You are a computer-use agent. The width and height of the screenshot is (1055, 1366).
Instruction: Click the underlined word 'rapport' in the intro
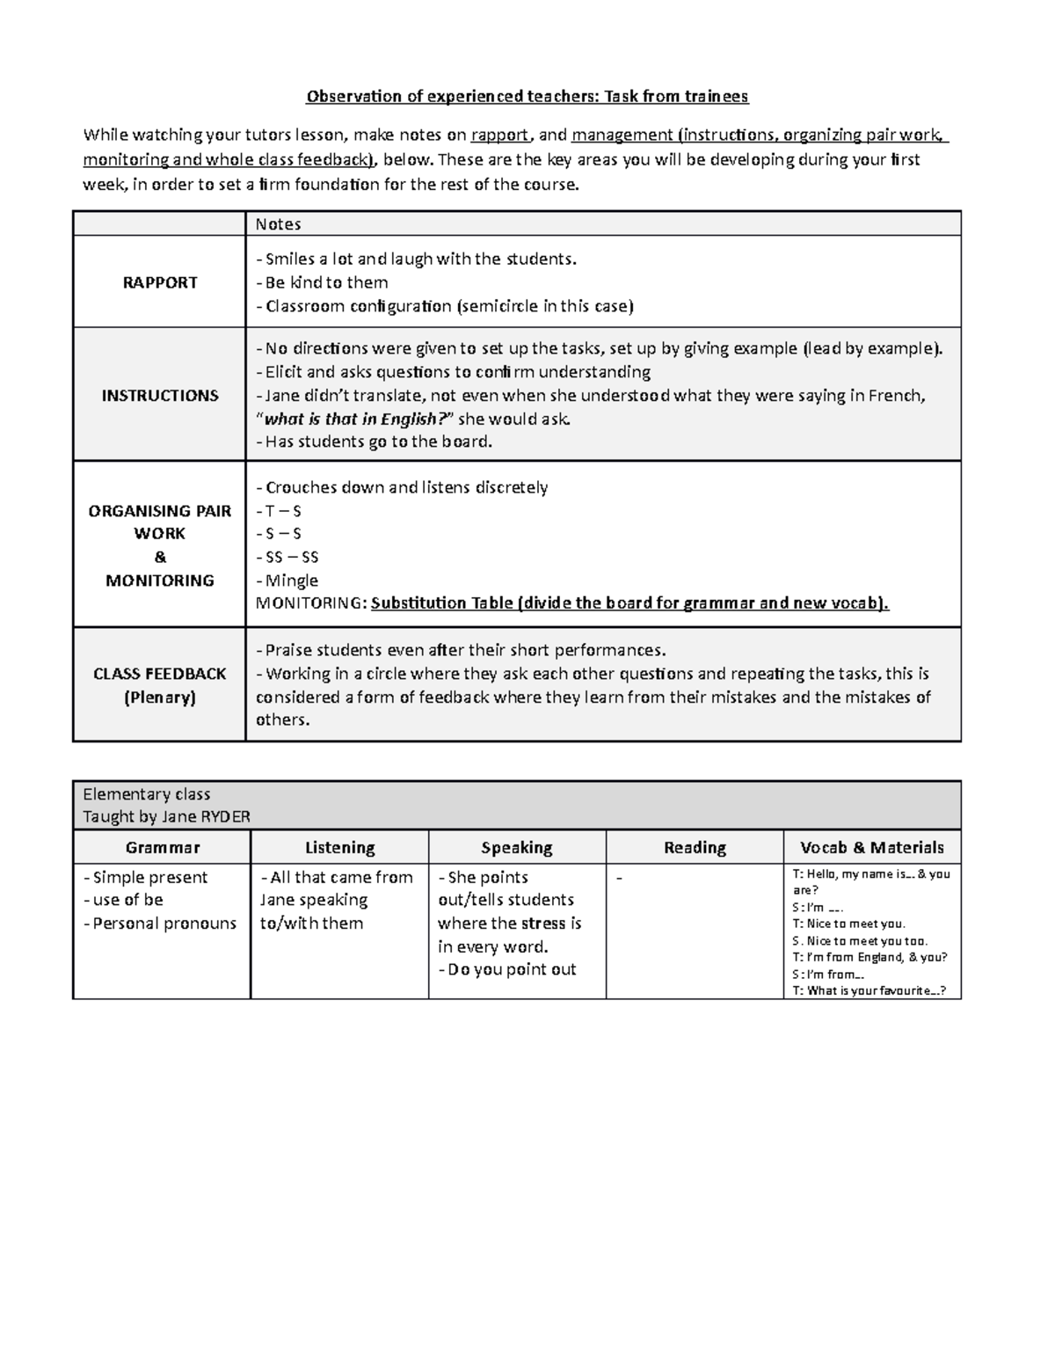click(499, 135)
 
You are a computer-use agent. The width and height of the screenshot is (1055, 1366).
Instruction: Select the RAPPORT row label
click(159, 282)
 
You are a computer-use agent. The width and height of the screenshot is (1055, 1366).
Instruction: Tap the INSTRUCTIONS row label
click(159, 395)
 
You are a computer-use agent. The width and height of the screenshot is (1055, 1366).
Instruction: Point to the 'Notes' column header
click(278, 224)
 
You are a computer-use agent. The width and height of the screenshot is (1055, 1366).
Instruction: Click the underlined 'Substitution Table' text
click(441, 603)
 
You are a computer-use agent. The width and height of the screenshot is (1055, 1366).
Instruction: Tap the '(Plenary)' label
click(159, 698)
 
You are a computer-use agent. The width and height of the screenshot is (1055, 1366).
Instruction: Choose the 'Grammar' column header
click(162, 848)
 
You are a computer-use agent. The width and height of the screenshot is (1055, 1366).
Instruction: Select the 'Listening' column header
click(339, 848)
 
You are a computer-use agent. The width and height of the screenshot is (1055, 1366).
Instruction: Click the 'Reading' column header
click(695, 848)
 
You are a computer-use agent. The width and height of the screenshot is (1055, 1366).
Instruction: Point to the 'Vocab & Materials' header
click(871, 848)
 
